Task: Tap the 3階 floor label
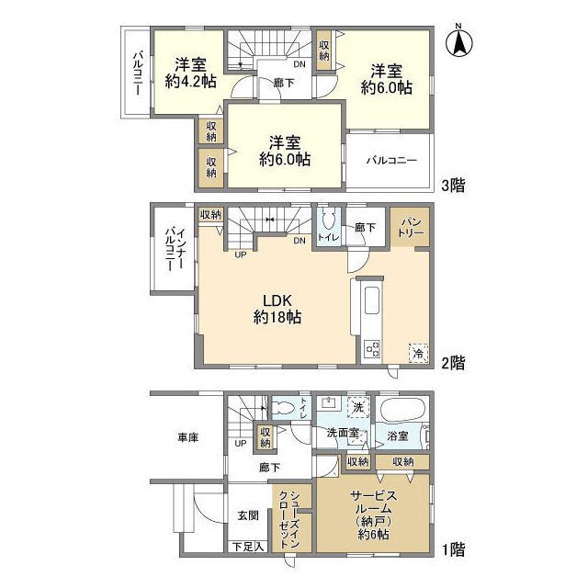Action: (452, 185)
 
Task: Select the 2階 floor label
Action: (452, 363)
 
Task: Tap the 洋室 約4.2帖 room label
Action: (191, 73)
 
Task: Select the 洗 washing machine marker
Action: (356, 405)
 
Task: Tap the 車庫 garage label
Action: (187, 438)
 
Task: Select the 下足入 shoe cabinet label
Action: (247, 547)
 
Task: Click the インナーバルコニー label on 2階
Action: (172, 248)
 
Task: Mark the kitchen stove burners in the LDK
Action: (373, 348)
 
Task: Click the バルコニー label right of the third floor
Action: (391, 160)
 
